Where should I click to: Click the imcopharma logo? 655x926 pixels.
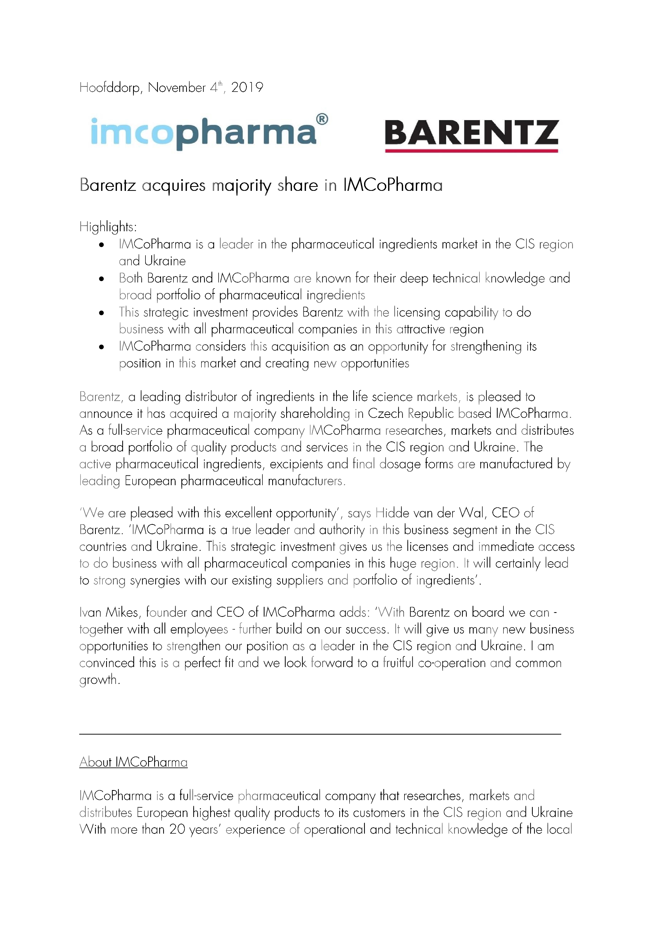[x=209, y=133]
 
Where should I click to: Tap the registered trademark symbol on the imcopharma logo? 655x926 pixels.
[x=322, y=119]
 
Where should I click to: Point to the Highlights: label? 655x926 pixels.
[x=108, y=227]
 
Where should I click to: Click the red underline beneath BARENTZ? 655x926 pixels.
[x=472, y=151]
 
